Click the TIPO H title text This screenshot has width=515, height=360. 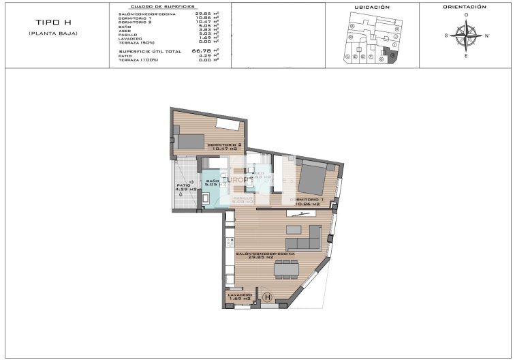52,22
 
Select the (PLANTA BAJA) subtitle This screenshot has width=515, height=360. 52,33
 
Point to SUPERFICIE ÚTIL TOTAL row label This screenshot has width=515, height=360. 151,51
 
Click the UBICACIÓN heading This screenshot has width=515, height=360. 372,7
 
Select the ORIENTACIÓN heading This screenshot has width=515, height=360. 465,7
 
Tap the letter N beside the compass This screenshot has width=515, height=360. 486,35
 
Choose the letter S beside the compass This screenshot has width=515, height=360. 446,35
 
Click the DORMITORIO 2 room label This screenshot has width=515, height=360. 225,145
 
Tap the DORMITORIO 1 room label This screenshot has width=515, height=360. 307,200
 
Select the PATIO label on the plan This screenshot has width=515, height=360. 183,185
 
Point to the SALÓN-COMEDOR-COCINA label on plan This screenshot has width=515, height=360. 265,254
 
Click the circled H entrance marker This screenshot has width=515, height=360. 267,297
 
